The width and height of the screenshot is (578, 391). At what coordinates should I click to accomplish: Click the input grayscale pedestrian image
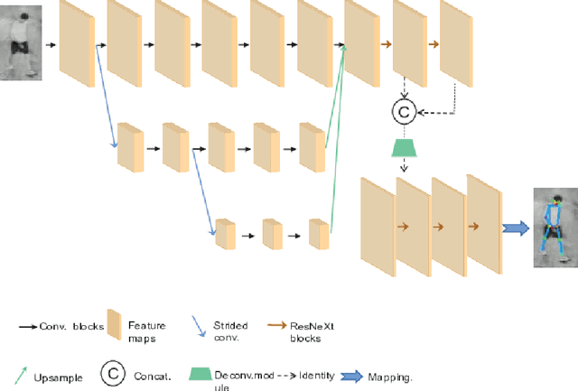click(x=19, y=43)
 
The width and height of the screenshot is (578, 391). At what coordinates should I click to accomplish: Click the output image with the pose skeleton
click(x=552, y=227)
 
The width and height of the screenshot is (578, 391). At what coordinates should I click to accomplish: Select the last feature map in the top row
click(x=456, y=42)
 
